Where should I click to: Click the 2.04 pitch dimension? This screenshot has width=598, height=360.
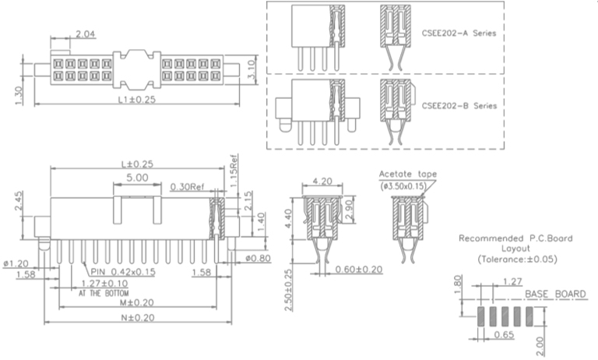coord(86,34)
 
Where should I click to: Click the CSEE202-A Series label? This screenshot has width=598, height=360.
coord(459,34)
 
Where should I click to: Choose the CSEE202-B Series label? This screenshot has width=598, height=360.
coord(459,105)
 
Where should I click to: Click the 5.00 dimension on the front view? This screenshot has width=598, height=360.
coord(136,178)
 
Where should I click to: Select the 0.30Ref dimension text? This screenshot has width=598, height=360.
coord(187,187)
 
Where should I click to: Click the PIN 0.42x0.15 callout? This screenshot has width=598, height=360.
coord(123,271)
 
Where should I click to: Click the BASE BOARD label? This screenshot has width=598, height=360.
coord(555,294)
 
